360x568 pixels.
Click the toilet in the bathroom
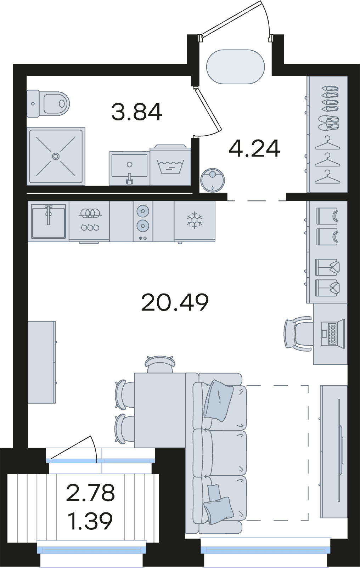coord(48,103)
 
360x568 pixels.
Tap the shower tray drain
coord(56,156)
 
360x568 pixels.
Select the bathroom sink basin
coord(129,168)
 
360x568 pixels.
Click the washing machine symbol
coord(170,166)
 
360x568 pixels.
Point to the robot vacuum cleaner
coord(212,180)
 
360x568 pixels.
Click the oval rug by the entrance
coord(236,67)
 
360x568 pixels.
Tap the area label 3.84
coord(136,112)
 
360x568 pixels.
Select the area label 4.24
coord(254,148)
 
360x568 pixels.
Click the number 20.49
coord(175,302)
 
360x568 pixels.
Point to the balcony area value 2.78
coord(90,493)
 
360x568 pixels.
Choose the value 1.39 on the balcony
coord(91,521)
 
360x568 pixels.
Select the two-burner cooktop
coord(143,221)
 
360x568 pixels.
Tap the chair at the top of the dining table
coord(160,364)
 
